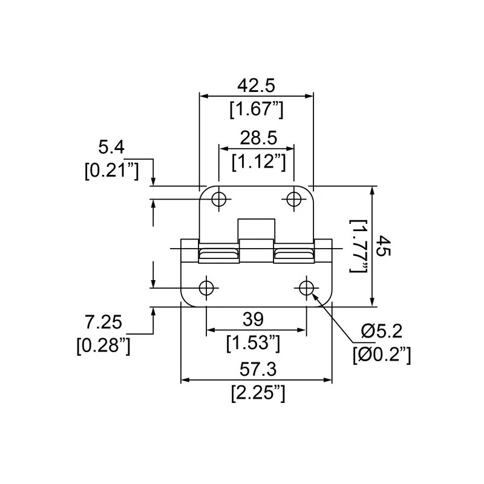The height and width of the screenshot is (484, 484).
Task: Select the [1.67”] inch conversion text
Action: click(256, 110)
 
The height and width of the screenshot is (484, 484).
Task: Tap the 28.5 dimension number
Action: click(258, 138)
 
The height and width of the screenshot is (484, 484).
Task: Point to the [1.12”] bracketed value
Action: click(259, 162)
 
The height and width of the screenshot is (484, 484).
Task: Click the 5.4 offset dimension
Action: click(111, 147)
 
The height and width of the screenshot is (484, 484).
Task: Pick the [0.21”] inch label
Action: click(112, 171)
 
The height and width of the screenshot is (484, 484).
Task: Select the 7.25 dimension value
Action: click(103, 322)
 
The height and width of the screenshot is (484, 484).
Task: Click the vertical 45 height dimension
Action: click(385, 246)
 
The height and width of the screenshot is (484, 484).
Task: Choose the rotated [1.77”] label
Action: click(358, 246)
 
